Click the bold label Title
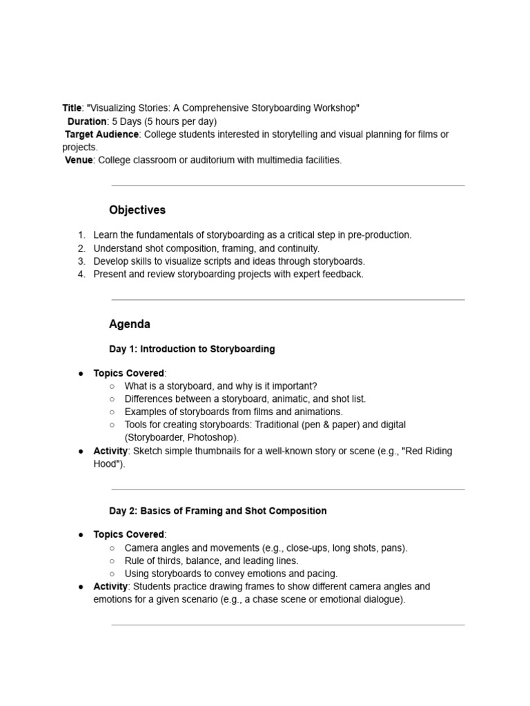click(72, 108)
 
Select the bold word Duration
click(87, 121)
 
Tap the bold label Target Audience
click(102, 134)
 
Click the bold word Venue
click(79, 160)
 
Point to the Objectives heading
click(137, 210)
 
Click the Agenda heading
click(130, 324)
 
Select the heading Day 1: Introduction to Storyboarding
click(192, 349)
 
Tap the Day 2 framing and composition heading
click(217, 511)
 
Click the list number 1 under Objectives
click(81, 235)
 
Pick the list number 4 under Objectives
click(81, 274)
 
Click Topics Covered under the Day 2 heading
click(128, 534)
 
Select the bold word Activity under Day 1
click(110, 451)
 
